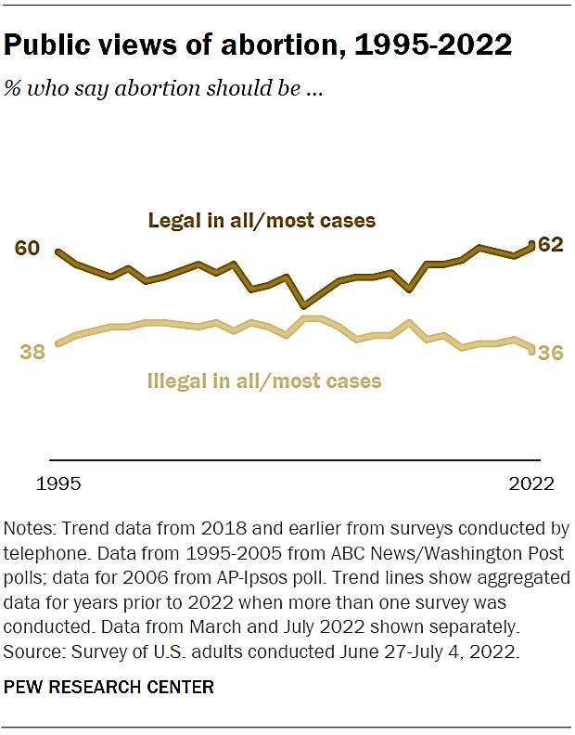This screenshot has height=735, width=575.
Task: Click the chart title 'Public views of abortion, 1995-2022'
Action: (x=259, y=45)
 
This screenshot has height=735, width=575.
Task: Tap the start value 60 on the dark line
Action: (x=27, y=248)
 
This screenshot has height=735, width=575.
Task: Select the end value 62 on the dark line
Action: (x=551, y=245)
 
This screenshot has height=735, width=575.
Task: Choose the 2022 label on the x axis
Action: (x=531, y=484)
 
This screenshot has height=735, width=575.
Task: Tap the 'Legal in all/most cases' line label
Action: (x=262, y=221)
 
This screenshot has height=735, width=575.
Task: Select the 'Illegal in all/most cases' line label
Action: (x=264, y=380)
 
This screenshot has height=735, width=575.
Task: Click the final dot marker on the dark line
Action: (x=531, y=245)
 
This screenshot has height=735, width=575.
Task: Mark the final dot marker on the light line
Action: (x=531, y=350)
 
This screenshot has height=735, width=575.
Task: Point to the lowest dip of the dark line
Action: (x=302, y=304)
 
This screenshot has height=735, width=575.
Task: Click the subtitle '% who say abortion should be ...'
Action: (x=163, y=90)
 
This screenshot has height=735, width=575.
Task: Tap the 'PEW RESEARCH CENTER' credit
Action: (x=109, y=688)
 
